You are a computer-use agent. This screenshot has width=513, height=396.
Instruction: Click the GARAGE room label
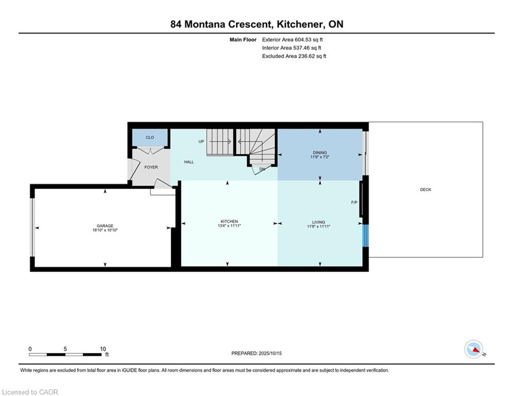click(105, 226)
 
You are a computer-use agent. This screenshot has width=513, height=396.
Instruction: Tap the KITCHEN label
click(229, 222)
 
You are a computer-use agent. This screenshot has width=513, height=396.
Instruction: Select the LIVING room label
click(318, 222)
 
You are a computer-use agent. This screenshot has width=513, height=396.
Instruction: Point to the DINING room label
click(320, 153)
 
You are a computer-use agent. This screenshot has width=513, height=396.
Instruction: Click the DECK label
click(426, 189)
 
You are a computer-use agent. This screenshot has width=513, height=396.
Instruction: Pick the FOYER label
click(151, 167)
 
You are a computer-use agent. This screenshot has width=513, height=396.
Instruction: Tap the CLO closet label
click(150, 138)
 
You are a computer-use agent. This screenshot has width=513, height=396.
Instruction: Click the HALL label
click(189, 162)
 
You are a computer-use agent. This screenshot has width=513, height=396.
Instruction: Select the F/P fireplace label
click(354, 203)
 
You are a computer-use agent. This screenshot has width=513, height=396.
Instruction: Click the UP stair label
click(201, 141)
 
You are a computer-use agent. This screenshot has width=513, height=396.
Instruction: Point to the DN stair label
click(262, 169)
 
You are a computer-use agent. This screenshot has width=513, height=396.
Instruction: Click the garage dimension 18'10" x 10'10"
click(105, 230)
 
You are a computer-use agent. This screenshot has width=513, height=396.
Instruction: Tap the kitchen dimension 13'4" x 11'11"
click(229, 226)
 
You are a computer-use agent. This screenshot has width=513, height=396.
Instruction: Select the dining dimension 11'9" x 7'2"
click(320, 157)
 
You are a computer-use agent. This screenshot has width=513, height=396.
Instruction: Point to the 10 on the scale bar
click(103, 349)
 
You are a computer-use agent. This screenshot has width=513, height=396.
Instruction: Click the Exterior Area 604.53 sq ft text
click(292, 40)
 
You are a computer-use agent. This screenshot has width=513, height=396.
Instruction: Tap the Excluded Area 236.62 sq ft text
click(294, 56)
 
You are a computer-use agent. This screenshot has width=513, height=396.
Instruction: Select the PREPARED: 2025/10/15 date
click(257, 353)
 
